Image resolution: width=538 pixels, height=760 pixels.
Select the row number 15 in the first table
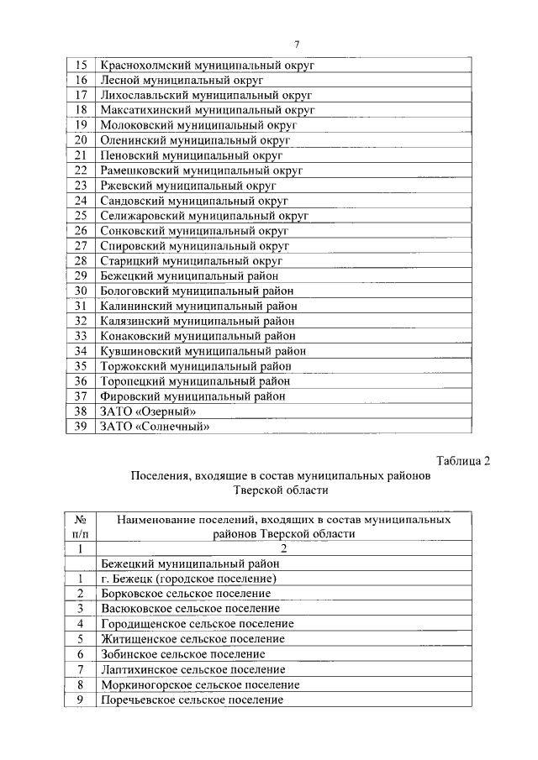pyautogui.click(x=82, y=65)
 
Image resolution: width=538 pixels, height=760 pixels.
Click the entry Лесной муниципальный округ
pyautogui.click(x=182, y=80)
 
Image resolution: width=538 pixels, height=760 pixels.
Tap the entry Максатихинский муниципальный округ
pyautogui.click(x=207, y=110)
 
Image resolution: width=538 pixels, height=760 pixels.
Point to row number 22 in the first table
pyautogui.click(x=82, y=170)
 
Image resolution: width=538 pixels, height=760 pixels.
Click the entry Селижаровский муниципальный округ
pyautogui.click(x=204, y=216)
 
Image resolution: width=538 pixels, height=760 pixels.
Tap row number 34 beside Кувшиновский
pyautogui.click(x=82, y=351)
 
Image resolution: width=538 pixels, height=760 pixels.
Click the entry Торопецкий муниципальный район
pyautogui.click(x=195, y=381)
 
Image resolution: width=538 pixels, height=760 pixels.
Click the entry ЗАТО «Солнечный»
pyautogui.click(x=155, y=427)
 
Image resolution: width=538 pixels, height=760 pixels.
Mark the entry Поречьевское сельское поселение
pyautogui.click(x=192, y=700)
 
